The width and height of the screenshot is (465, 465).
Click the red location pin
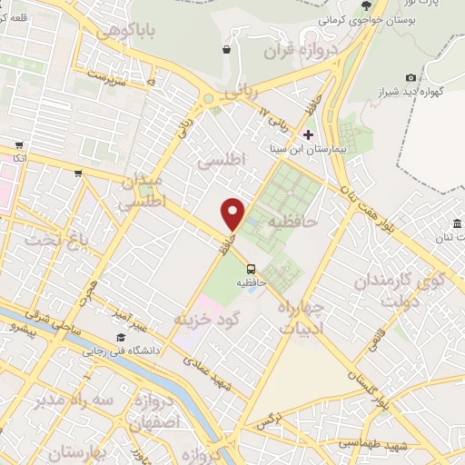pyautogui.click(x=233, y=213)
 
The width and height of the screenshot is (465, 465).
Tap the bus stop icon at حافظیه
pyautogui.click(x=251, y=269)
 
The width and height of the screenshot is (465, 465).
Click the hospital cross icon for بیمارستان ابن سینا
pyautogui.click(x=308, y=134)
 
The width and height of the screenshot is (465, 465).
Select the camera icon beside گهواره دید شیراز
pyautogui.click(x=411, y=78)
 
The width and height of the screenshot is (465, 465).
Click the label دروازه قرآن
pyautogui.click(x=301, y=51)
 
